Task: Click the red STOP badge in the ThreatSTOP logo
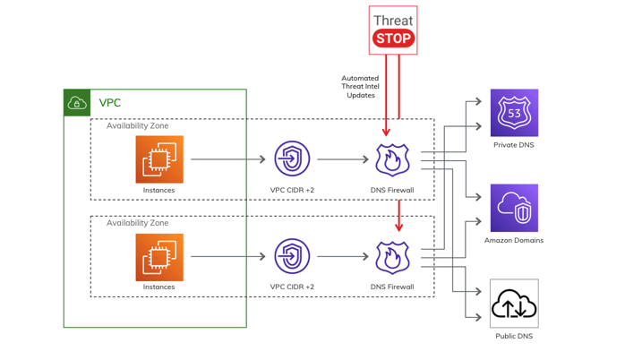pos(393,39)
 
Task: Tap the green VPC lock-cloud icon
pos(78,103)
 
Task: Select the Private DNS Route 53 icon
pos(514,113)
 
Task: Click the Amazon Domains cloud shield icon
pos(514,209)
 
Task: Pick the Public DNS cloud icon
pos(514,304)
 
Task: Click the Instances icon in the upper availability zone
pos(159,159)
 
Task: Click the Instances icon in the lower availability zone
pos(159,257)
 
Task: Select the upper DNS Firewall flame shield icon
pos(392,159)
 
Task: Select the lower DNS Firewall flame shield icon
pos(392,257)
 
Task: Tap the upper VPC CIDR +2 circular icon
pos(292,159)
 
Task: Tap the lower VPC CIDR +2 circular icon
pos(292,257)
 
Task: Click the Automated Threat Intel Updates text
pos(360,87)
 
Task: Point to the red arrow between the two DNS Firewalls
pos(398,215)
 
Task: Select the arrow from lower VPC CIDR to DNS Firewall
pos(343,257)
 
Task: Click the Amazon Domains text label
pos(514,241)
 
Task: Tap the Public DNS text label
pos(514,337)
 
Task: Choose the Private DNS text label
pos(514,145)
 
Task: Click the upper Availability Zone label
pos(137,126)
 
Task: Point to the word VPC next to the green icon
pos(109,103)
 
